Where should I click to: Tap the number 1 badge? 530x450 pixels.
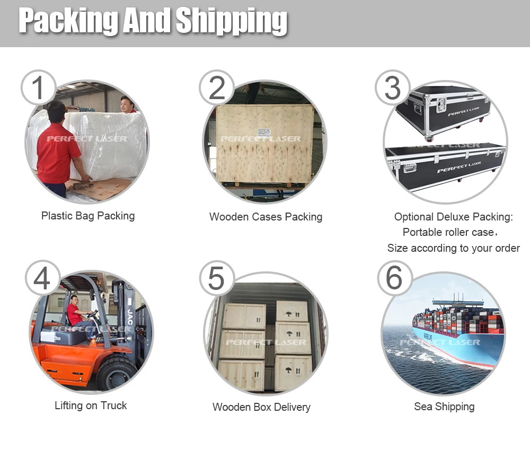pyautogui.click(x=38, y=87)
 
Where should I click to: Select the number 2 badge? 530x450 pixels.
pyautogui.click(x=217, y=87)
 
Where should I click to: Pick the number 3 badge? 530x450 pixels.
pyautogui.click(x=392, y=87)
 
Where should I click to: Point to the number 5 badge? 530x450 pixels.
pyautogui.click(x=217, y=279)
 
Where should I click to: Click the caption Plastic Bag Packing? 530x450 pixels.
pyautogui.click(x=88, y=216)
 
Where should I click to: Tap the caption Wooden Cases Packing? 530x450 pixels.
pyautogui.click(x=266, y=217)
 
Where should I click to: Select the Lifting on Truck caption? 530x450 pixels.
pyautogui.click(x=91, y=405)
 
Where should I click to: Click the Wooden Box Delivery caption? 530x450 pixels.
pyautogui.click(x=261, y=407)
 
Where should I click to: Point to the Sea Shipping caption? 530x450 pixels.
pyautogui.click(x=444, y=407)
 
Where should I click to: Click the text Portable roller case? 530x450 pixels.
pyautogui.click(x=448, y=232)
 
